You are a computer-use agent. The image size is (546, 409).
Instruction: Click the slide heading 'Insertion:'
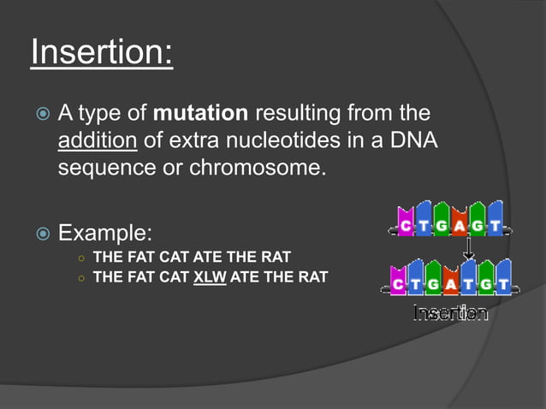click(101, 53)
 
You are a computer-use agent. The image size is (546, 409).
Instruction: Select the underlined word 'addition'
click(91, 139)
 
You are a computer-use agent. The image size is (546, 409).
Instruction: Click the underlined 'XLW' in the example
click(210, 277)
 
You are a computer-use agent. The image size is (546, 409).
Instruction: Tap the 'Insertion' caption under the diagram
click(450, 313)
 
